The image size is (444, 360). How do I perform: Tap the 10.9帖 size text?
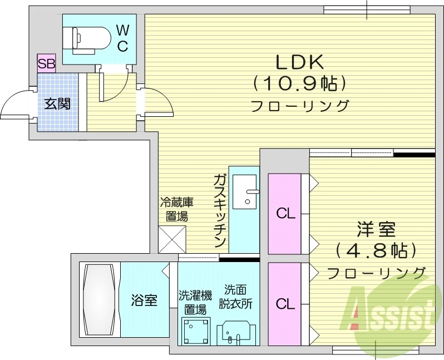300,83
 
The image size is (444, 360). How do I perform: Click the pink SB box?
46,63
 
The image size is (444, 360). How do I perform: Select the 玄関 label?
57,103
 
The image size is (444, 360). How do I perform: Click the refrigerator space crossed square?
173,239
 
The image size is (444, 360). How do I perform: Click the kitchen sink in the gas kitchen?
244,192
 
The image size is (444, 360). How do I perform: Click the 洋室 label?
376,229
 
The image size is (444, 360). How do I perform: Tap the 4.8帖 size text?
376,250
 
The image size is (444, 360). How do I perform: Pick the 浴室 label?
144,301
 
